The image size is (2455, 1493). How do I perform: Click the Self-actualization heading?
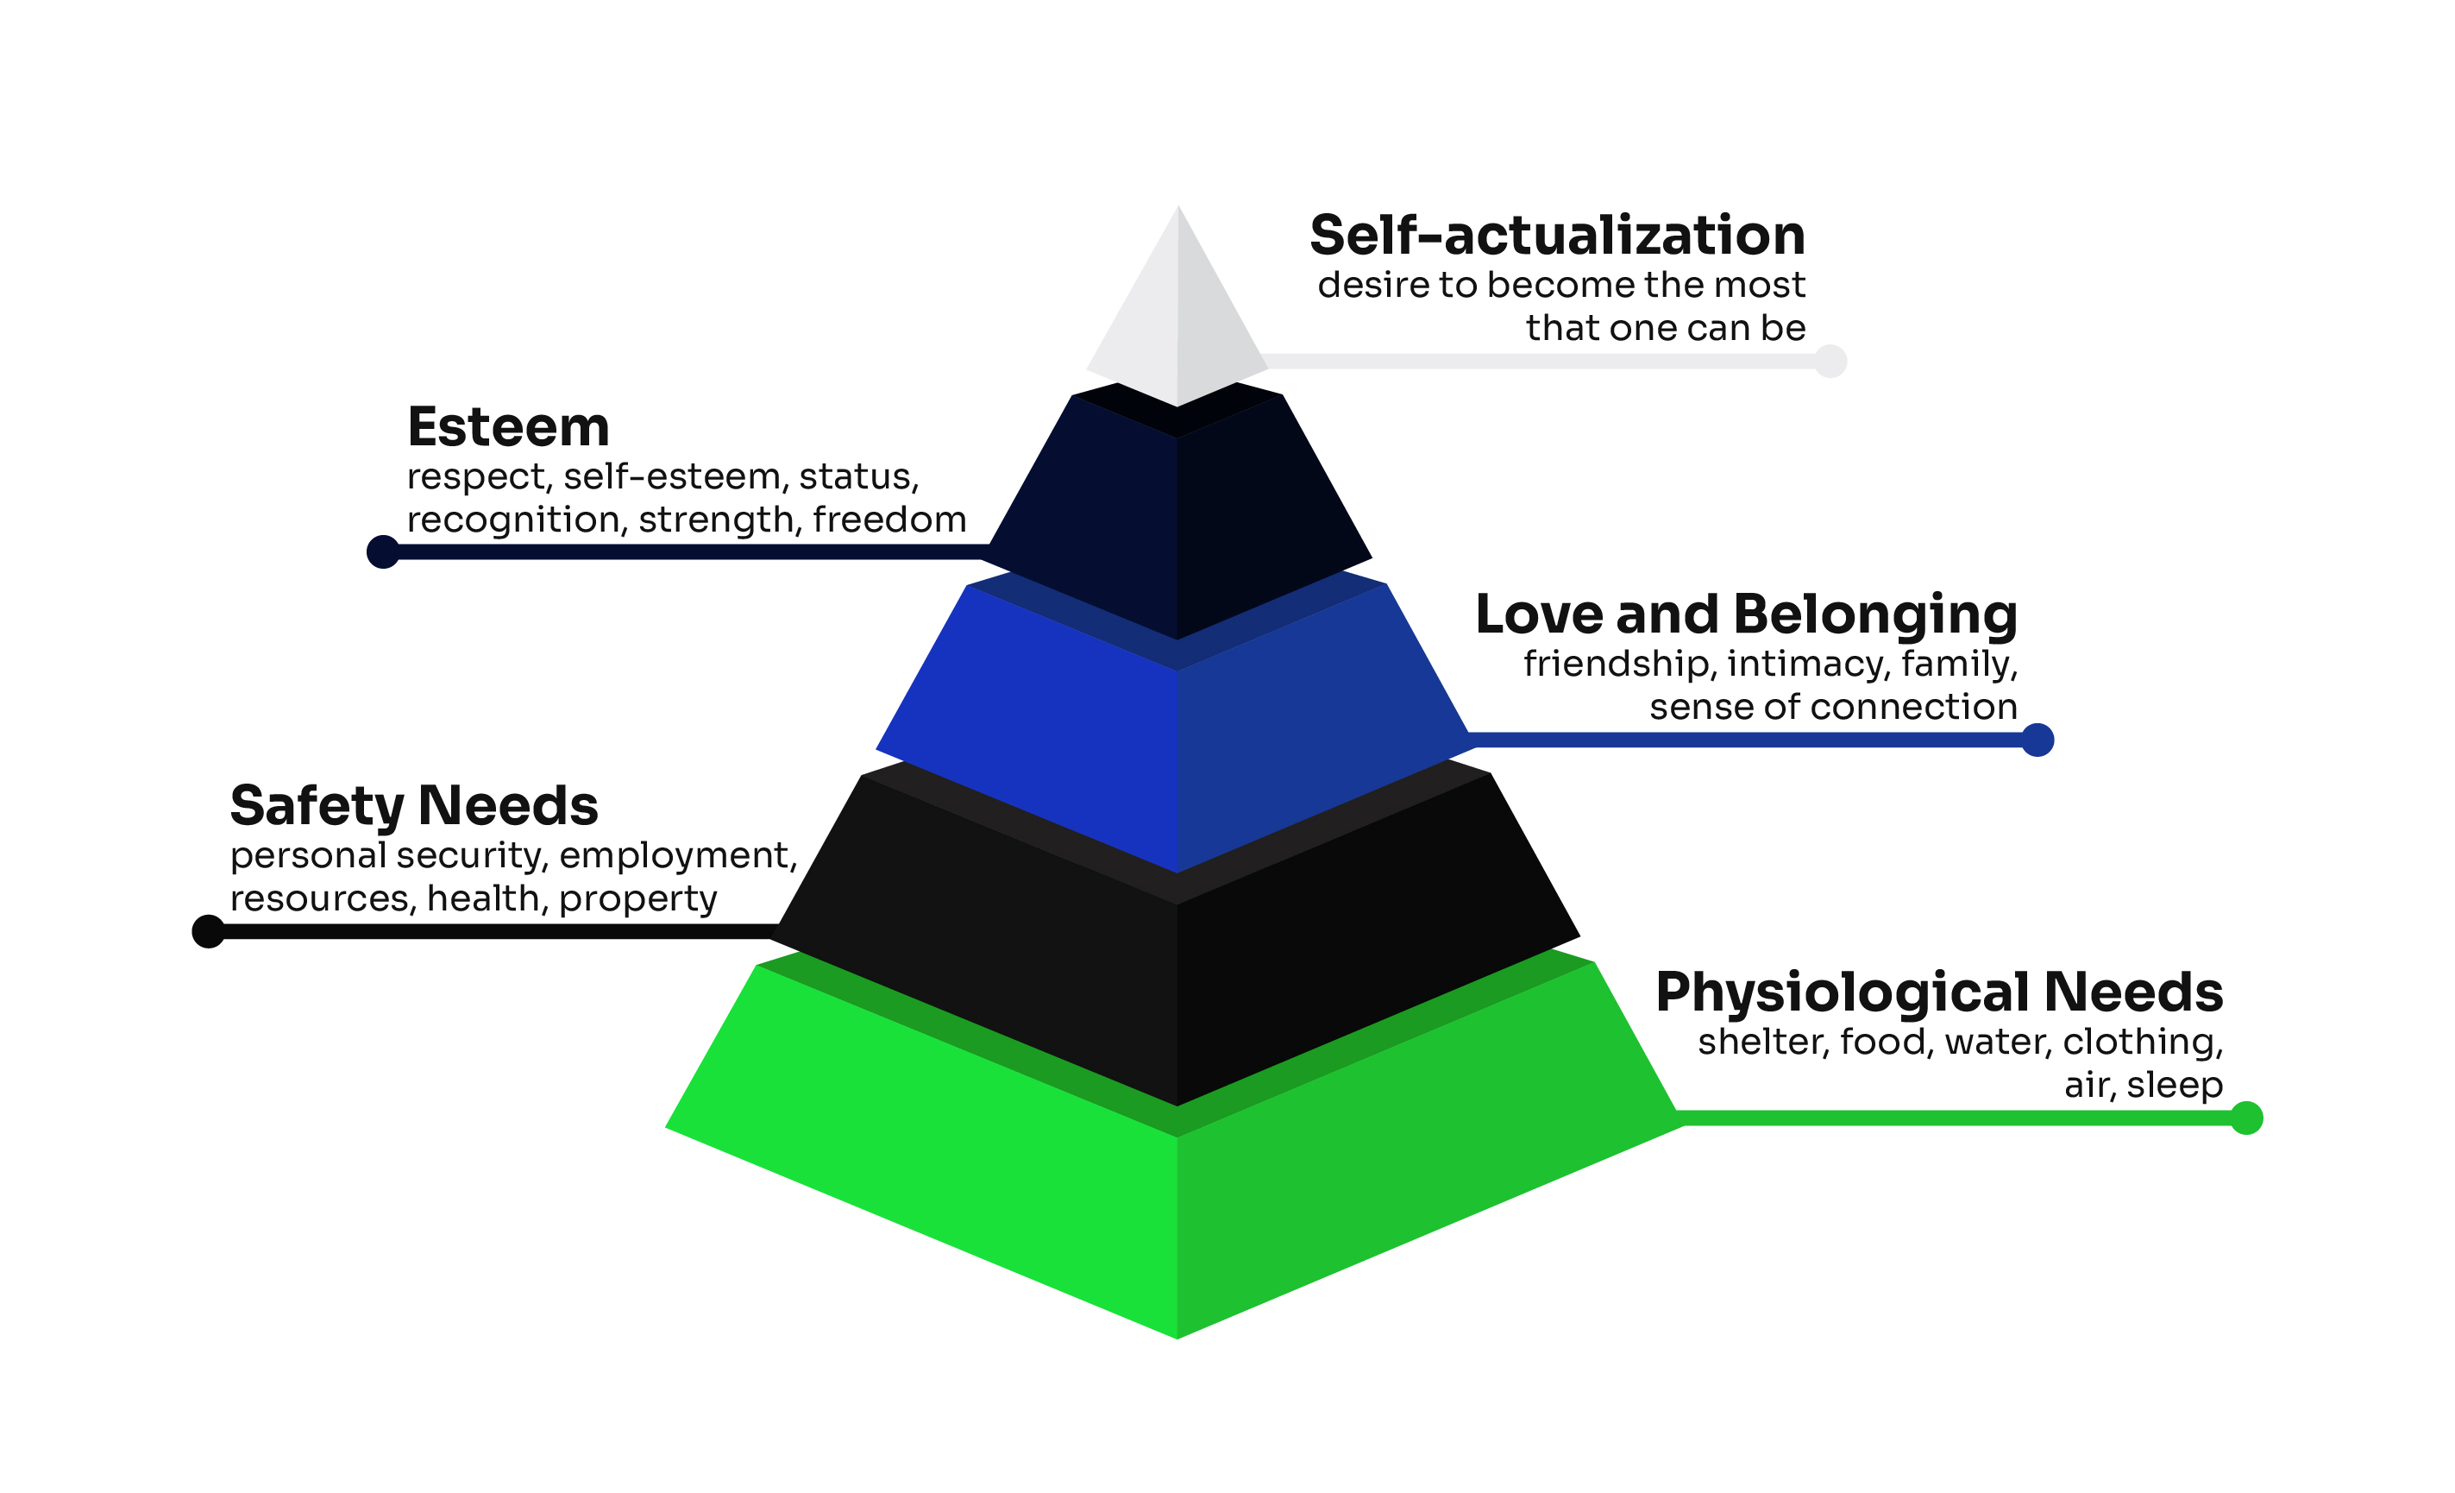click(x=1557, y=236)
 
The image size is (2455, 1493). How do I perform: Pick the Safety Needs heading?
click(x=413, y=805)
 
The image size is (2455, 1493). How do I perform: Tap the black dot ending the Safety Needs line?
click(x=208, y=931)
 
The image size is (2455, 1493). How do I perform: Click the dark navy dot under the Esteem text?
click(x=384, y=551)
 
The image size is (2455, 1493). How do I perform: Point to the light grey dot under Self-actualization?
click(x=1830, y=361)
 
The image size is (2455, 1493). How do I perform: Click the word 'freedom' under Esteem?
click(x=888, y=520)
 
